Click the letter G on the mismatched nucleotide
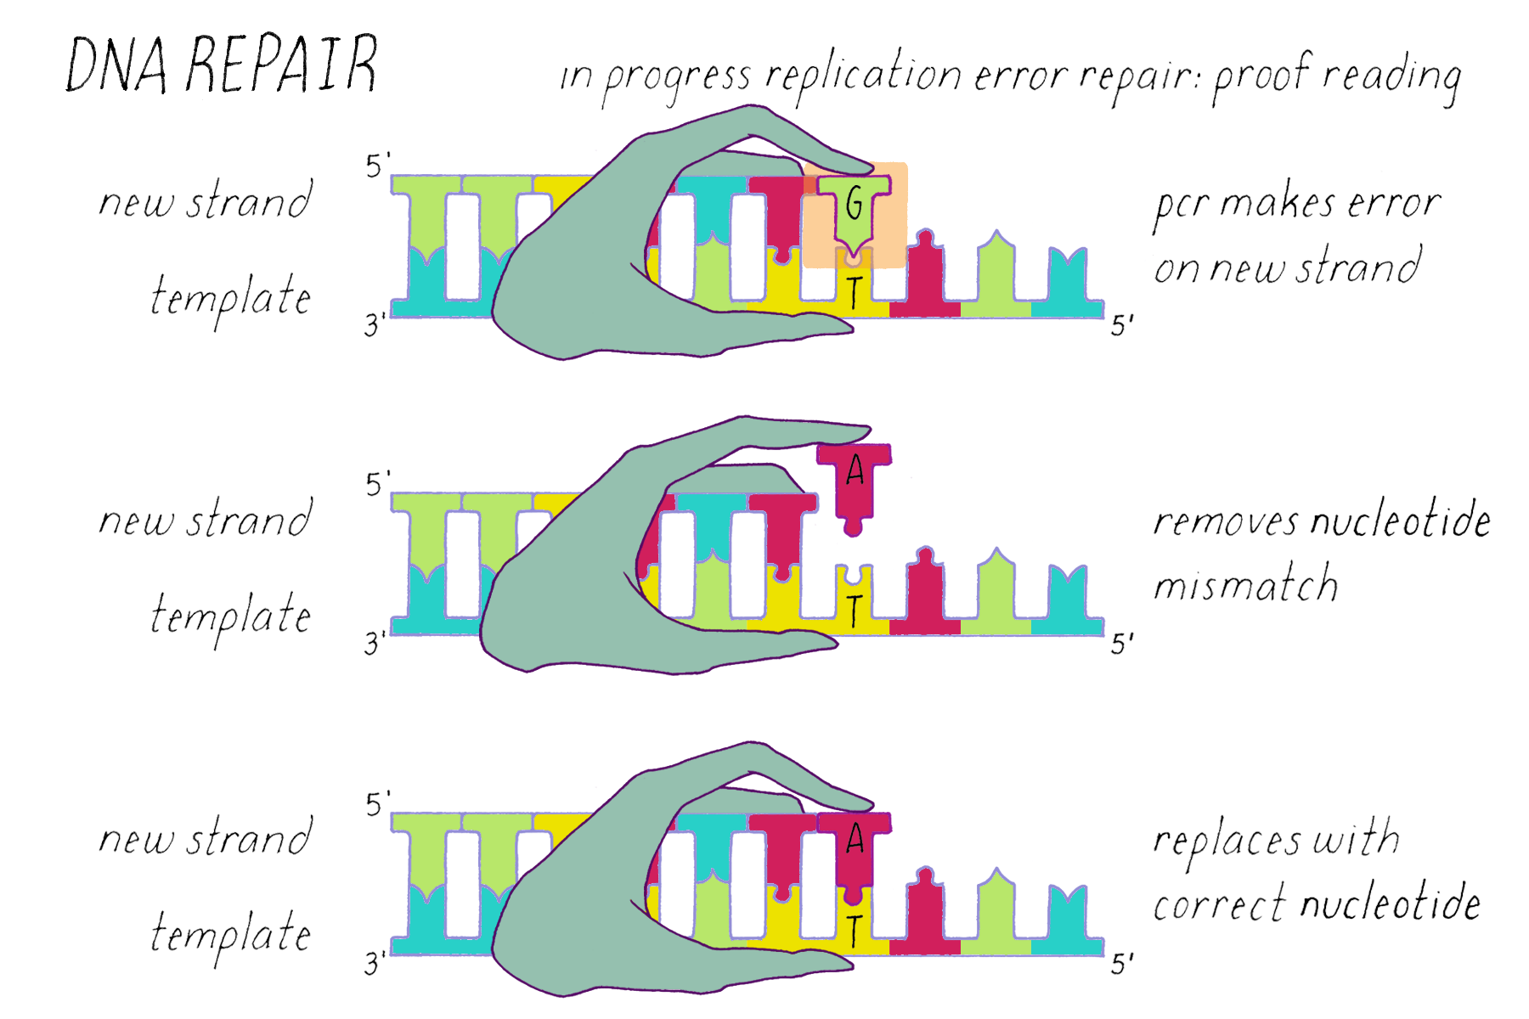(855, 204)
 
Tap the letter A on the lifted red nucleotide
(855, 470)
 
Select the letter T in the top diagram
(855, 292)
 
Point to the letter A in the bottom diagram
(855, 840)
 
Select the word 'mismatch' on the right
(1245, 584)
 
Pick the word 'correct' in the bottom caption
(1219, 905)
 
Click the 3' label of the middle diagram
(375, 644)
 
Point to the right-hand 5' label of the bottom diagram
(1122, 964)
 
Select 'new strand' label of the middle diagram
(206, 520)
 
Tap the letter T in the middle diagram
(855, 610)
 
